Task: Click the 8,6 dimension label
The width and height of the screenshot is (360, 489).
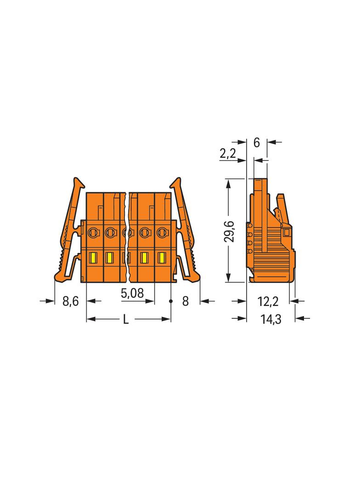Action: [71, 301]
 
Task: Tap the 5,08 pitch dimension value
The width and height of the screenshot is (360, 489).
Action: [132, 293]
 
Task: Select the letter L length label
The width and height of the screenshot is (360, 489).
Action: [125, 319]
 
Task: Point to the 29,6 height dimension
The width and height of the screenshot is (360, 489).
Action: [230, 231]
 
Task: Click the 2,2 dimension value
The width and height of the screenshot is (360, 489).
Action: [228, 153]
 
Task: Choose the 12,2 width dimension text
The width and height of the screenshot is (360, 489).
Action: [268, 301]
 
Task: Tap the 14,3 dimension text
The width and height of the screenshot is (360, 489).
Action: [271, 319]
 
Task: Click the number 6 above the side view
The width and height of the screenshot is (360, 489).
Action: [256, 143]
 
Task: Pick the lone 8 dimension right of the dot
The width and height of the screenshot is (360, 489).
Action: [186, 301]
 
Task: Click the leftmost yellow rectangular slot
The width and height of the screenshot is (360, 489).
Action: [93, 258]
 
